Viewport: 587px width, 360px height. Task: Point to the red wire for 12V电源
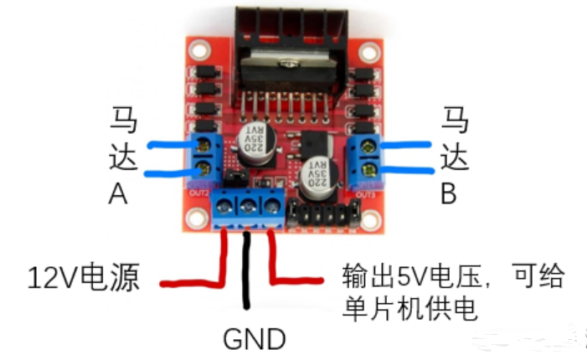point(224,260)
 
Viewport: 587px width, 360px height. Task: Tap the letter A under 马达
point(117,193)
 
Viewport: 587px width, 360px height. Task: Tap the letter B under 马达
point(449,193)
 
